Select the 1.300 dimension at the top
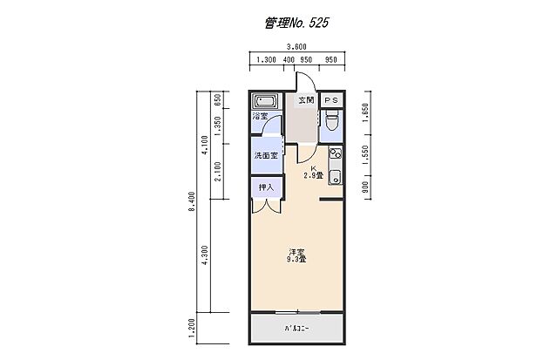[x=265, y=62]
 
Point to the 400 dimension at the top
[x=289, y=62]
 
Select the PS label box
[x=331, y=100]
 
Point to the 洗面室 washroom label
[x=265, y=156]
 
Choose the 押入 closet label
[x=266, y=187]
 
